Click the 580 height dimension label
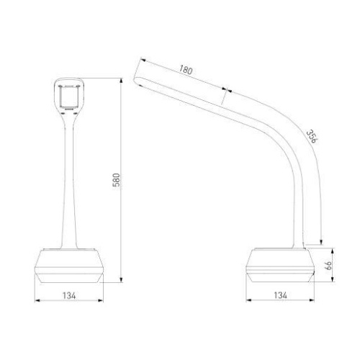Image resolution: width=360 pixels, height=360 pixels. pos(116,180)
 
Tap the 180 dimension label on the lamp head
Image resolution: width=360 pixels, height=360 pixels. pos(186,70)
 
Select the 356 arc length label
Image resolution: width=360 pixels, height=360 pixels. pos(311,136)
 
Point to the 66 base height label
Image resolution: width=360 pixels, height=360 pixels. pos(328,265)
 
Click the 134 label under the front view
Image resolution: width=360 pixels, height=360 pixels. pos(69,295)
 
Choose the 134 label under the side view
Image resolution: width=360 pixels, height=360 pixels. pos(280,295)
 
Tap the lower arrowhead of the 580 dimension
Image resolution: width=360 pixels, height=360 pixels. pos(121,280)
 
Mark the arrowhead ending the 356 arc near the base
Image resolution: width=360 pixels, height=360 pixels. pos(321,242)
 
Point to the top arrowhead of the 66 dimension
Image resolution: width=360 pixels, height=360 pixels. pos(333,251)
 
